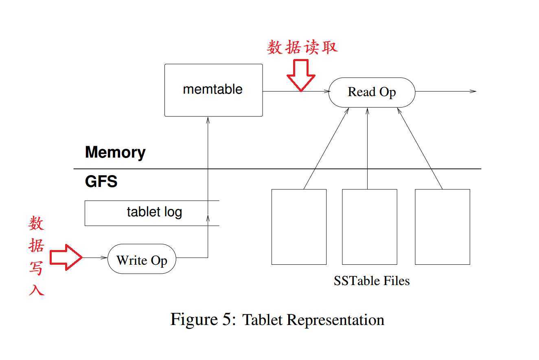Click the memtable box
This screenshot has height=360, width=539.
pyautogui.click(x=213, y=90)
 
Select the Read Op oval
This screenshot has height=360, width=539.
pyautogui.click(x=372, y=92)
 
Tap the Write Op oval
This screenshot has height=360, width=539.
pyautogui.click(x=142, y=260)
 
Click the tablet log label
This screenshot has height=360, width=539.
pyautogui.click(x=154, y=212)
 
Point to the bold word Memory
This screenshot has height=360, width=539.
pyautogui.click(x=115, y=153)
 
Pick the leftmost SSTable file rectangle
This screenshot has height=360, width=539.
pyautogui.click(x=299, y=227)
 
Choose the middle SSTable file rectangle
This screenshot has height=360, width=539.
pyautogui.click(x=369, y=227)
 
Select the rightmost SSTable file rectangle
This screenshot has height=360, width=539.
pyautogui.click(x=442, y=227)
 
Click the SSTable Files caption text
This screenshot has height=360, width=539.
pyautogui.click(x=372, y=281)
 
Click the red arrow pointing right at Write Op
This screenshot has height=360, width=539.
pyautogui.click(x=66, y=257)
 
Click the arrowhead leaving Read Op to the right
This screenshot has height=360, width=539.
pyautogui.click(x=473, y=91)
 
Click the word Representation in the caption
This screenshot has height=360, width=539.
pyautogui.click(x=335, y=320)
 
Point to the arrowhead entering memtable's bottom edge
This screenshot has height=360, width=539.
pyautogui.click(x=208, y=119)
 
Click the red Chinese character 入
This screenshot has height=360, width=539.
pyautogui.click(x=36, y=290)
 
